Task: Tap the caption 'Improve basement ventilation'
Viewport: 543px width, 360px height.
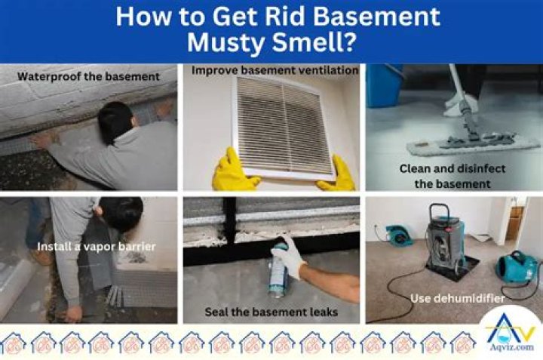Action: click(x=275, y=70)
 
